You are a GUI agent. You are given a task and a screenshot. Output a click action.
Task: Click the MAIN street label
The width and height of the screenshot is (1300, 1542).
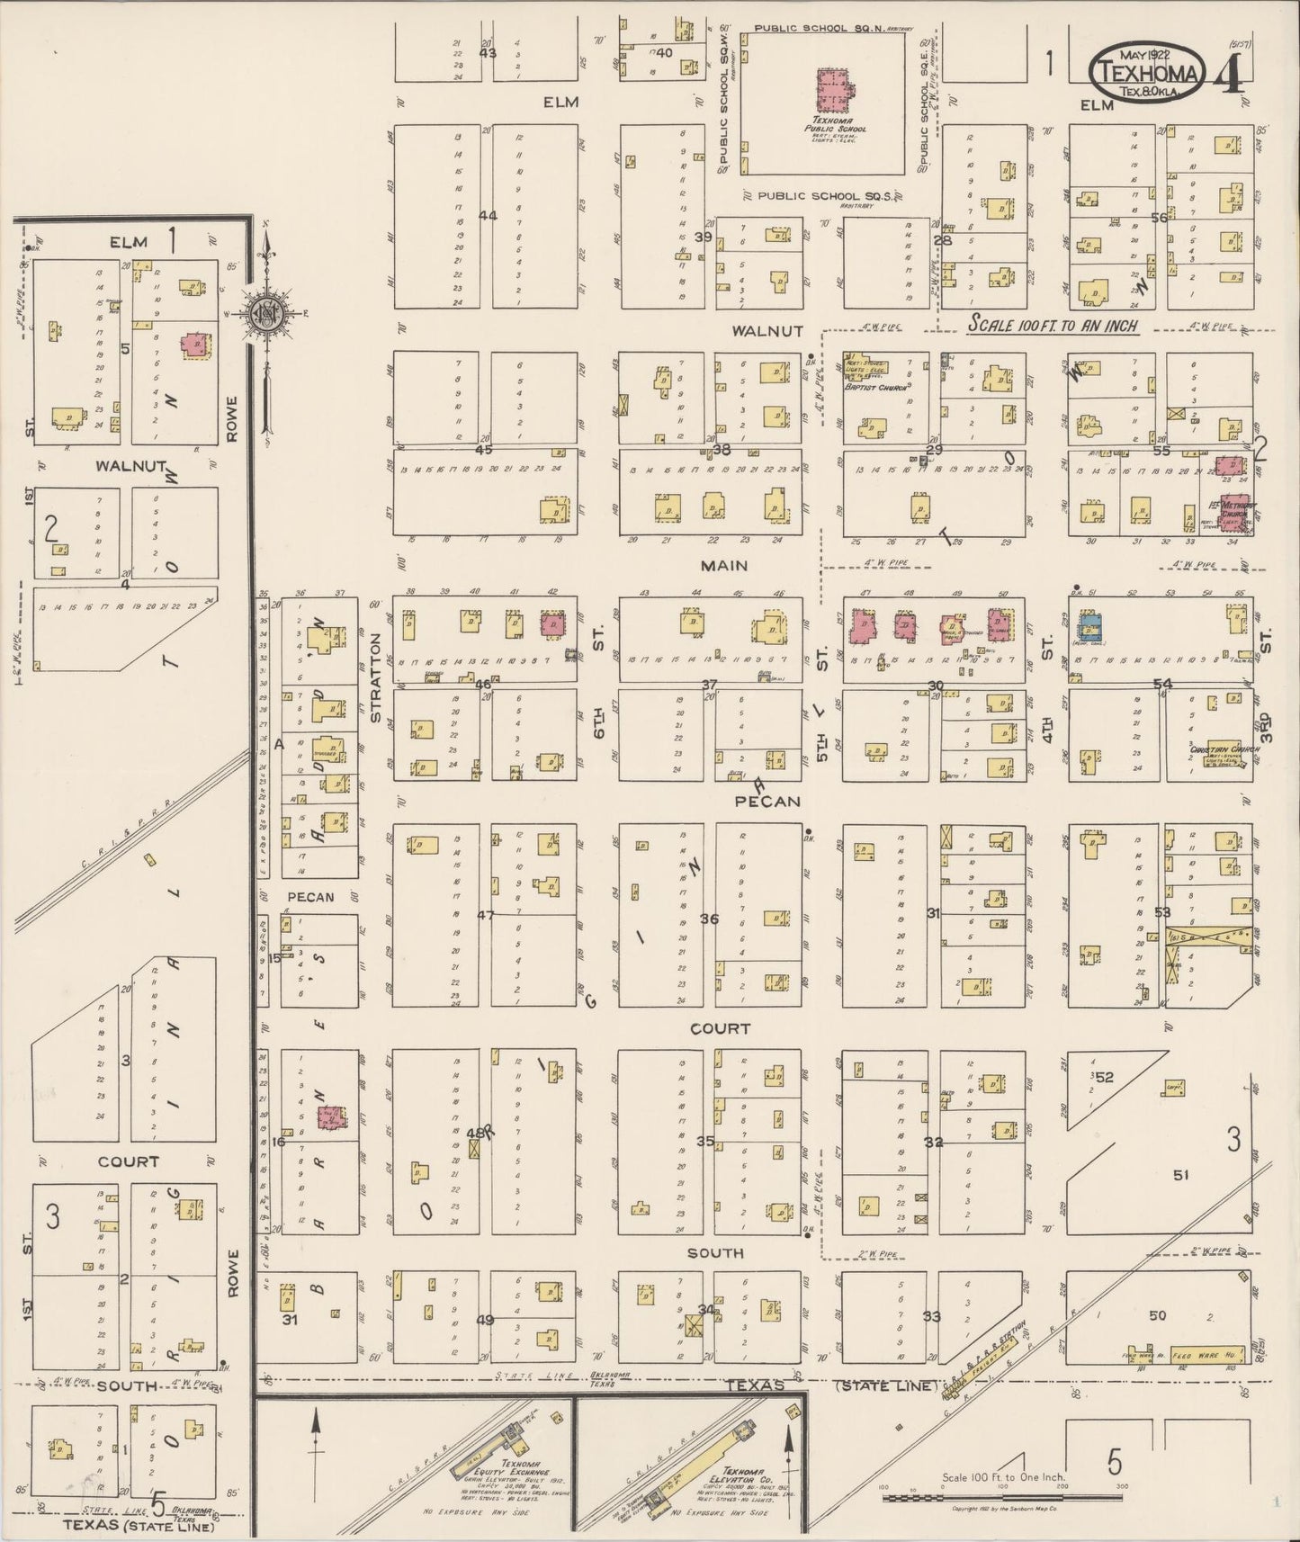(x=725, y=565)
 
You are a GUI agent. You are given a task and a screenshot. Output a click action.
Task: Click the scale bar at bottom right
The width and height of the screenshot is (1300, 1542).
(x=1002, y=1497)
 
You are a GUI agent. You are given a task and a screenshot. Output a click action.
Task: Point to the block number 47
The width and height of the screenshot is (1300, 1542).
(x=485, y=915)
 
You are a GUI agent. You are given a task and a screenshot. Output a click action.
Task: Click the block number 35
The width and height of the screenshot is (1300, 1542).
(x=705, y=1141)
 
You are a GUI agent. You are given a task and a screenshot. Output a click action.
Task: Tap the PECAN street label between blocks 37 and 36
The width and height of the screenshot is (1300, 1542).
(x=767, y=800)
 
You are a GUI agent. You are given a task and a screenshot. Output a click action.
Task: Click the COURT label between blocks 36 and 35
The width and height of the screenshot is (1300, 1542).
(x=720, y=1027)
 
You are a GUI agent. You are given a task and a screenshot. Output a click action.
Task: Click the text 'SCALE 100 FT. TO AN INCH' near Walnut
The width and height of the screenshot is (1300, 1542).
(x=1053, y=327)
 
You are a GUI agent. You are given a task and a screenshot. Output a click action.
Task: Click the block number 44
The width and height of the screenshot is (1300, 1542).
(x=488, y=215)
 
